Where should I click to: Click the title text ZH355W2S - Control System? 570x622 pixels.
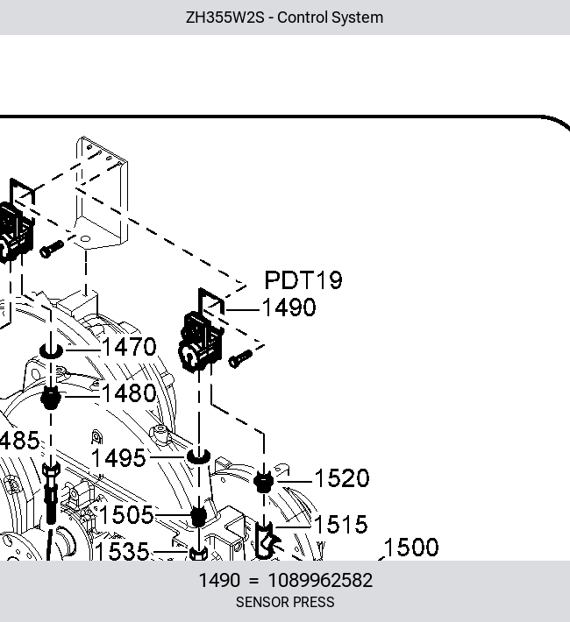pos(284,18)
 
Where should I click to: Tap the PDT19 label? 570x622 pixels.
pos(303,280)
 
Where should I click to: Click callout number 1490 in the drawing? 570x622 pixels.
pos(289,307)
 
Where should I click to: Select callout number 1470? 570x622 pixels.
pos(130,347)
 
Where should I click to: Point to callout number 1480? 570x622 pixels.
pos(130,393)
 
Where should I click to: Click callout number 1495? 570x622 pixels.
pos(118,458)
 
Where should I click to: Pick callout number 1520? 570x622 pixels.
pos(342,478)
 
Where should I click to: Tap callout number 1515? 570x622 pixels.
pos(341,525)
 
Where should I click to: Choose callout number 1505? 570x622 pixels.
pos(126,515)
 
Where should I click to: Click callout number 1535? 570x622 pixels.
pos(123,551)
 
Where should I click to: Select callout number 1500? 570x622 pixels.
pos(411,547)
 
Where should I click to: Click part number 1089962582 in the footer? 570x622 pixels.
pos(320,580)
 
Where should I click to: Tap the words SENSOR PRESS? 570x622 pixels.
pos(285,602)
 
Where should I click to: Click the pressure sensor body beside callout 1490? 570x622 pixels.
pos(200,341)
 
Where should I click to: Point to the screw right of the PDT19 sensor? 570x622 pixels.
pos(240,358)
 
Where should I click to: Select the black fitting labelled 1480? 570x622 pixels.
pos(51,398)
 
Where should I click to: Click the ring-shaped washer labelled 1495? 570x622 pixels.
pos(198,456)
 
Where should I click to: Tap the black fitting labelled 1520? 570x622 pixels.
pos(264,482)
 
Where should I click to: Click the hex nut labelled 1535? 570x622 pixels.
pos(198,554)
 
